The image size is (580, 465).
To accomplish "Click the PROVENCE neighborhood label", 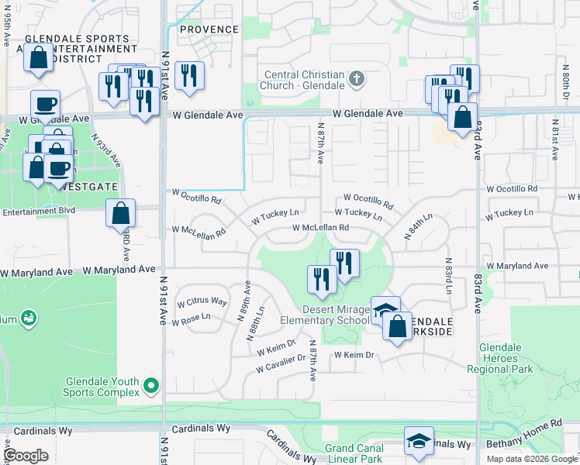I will pyautogui.click(x=209, y=29).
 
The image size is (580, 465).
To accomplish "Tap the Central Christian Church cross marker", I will pyautogui.click(x=356, y=77).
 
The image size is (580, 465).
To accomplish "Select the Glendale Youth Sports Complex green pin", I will pyautogui.click(x=151, y=384).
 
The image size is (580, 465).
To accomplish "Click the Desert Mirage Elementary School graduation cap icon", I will pyautogui.click(x=385, y=310).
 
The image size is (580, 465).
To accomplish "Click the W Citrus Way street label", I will pyautogui.click(x=202, y=301).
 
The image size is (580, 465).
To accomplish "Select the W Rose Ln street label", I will pyautogui.click(x=194, y=317).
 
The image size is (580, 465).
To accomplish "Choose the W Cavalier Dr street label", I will pyautogui.click(x=280, y=362).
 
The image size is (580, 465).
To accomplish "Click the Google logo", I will pyautogui.click(x=26, y=456).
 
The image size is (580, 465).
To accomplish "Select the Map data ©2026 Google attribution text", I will pyautogui.click(x=532, y=459).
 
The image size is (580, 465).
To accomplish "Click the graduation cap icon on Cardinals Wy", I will pyautogui.click(x=419, y=441).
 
